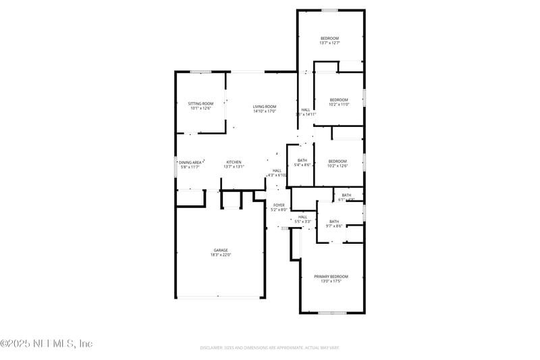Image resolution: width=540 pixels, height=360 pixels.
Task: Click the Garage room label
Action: (x=221, y=250)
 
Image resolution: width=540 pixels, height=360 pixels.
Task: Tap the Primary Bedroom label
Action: (x=331, y=276)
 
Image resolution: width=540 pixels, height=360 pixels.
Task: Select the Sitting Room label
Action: (x=200, y=103)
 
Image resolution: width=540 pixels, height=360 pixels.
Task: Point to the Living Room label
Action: (x=265, y=106)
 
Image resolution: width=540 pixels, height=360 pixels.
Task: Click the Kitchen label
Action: (x=234, y=162)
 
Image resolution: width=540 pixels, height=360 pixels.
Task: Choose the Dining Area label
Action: (x=190, y=162)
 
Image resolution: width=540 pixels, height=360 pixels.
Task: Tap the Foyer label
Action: (x=279, y=205)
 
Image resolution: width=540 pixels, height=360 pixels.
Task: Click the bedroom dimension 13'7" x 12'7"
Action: (x=329, y=43)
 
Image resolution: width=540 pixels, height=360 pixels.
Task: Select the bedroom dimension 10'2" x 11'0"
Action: (x=338, y=104)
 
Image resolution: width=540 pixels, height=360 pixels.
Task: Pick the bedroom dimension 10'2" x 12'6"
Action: (x=337, y=165)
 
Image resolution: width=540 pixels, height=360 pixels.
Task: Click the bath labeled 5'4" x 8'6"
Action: (x=302, y=165)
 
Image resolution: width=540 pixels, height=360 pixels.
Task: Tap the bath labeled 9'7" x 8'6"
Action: (x=334, y=226)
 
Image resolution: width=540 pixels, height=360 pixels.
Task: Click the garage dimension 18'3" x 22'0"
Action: (x=221, y=255)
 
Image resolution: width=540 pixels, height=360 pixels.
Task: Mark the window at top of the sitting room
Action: (x=200, y=72)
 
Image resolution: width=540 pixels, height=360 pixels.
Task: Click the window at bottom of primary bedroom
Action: (x=332, y=313)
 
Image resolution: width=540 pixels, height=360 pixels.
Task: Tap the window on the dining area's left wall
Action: (x=176, y=166)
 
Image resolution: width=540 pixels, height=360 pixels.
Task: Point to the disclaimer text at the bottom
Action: (x=269, y=348)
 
